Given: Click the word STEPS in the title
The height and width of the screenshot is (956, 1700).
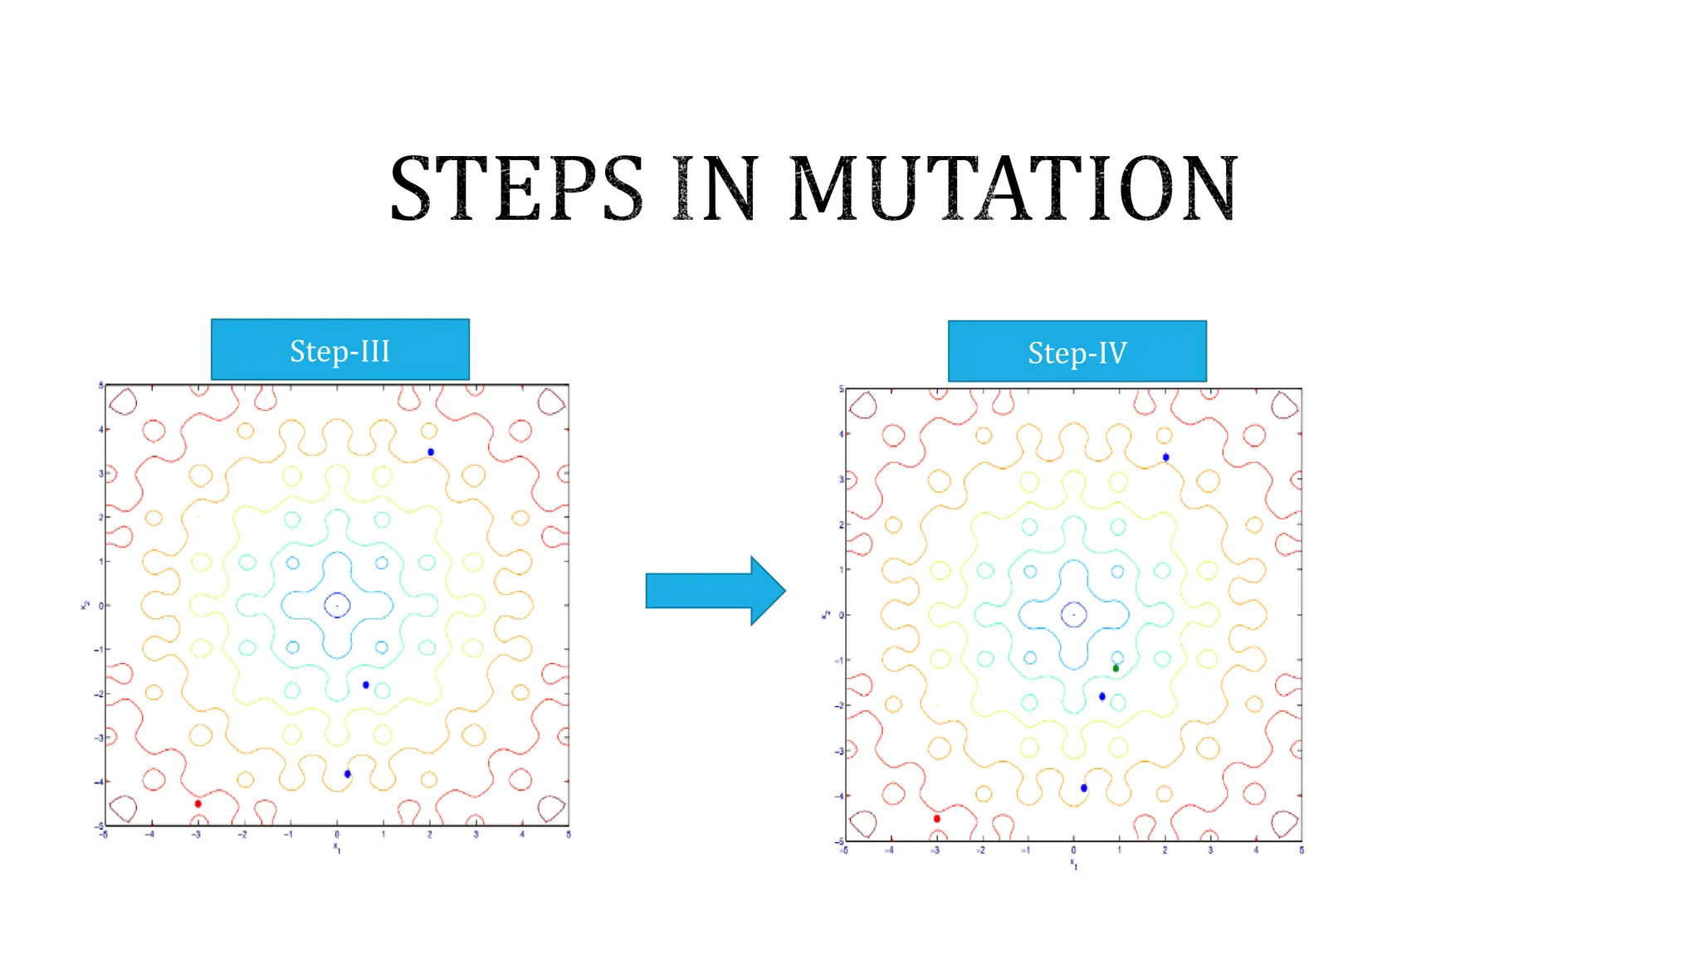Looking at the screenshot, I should click(516, 189).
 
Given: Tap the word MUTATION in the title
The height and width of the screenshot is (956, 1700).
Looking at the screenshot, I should click(1014, 189).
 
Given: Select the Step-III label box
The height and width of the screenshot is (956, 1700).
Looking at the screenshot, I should click(340, 350).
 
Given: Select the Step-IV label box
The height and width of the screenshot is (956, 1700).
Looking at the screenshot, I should click(1077, 352).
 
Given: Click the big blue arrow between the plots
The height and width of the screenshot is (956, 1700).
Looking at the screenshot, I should click(715, 590).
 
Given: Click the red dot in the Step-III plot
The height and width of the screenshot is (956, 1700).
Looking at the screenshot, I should click(198, 803).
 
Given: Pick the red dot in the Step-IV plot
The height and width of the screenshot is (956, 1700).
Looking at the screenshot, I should click(937, 818).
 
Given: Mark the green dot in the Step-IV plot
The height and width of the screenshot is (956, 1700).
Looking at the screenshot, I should click(1116, 668).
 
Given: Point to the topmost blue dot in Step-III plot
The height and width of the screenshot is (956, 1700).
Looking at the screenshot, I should click(431, 452).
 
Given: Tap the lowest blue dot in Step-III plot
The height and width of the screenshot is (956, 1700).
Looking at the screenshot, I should click(348, 774).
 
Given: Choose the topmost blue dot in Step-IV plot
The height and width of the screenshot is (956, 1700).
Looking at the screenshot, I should click(1166, 457).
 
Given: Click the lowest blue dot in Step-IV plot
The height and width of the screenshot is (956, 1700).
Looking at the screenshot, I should click(1084, 788).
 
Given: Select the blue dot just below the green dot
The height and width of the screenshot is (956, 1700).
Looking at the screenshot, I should click(1102, 696).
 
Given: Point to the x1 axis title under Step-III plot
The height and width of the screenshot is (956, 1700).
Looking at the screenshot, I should click(337, 847).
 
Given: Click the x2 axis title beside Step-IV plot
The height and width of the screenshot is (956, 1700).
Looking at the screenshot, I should click(826, 615).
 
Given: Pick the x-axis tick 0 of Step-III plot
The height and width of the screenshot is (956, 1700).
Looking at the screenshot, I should click(337, 835).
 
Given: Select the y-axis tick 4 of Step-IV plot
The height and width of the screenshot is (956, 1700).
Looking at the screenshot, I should click(841, 434).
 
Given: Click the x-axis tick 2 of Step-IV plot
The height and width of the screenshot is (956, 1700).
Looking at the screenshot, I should click(1165, 851).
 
